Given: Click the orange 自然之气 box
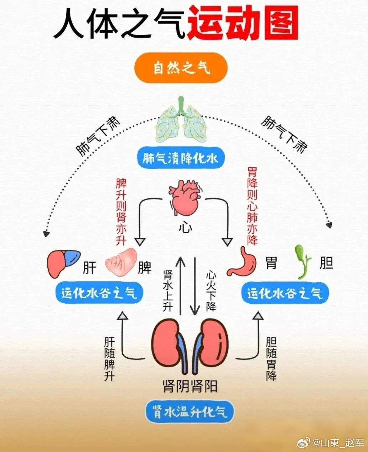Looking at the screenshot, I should [x=181, y=68].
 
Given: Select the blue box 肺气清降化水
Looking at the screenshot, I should [x=181, y=158].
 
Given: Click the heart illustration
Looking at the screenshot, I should [x=185, y=198].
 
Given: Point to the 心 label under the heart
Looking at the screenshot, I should [x=185, y=227].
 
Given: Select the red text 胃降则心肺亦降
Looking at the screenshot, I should [x=252, y=206].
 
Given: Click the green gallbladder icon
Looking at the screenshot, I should [x=302, y=261].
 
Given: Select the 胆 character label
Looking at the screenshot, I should [x=326, y=263].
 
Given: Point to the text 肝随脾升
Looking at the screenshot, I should [x=109, y=359].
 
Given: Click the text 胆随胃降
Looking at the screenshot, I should [x=271, y=359].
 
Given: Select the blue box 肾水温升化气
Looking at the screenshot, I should [x=190, y=412].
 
